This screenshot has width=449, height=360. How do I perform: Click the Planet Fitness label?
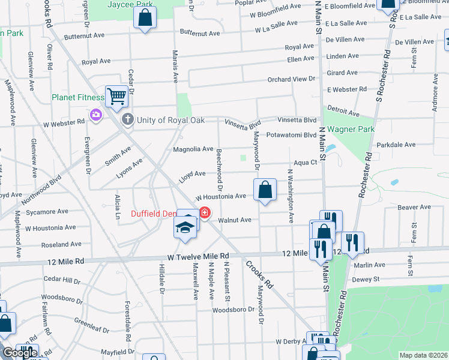[x=79, y=97]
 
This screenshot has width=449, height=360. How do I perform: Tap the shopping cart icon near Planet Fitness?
[x=116, y=95]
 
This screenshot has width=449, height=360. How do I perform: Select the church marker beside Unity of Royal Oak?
[x=127, y=119]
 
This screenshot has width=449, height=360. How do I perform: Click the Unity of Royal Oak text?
[x=170, y=120]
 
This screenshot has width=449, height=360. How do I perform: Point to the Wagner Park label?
[x=351, y=129]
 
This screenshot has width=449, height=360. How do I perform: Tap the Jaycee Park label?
[x=130, y=4]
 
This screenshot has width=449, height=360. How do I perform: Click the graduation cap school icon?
[x=185, y=226]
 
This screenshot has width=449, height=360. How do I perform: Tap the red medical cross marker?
[x=205, y=213]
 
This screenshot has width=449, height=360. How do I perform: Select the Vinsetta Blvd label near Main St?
[x=296, y=120]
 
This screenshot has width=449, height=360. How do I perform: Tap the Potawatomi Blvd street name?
[x=291, y=135]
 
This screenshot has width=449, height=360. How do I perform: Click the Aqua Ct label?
[x=304, y=162]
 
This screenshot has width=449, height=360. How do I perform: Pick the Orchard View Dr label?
[x=291, y=79]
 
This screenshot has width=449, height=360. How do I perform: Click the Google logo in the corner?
[x=20, y=353]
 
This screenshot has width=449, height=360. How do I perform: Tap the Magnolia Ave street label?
[x=193, y=149]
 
